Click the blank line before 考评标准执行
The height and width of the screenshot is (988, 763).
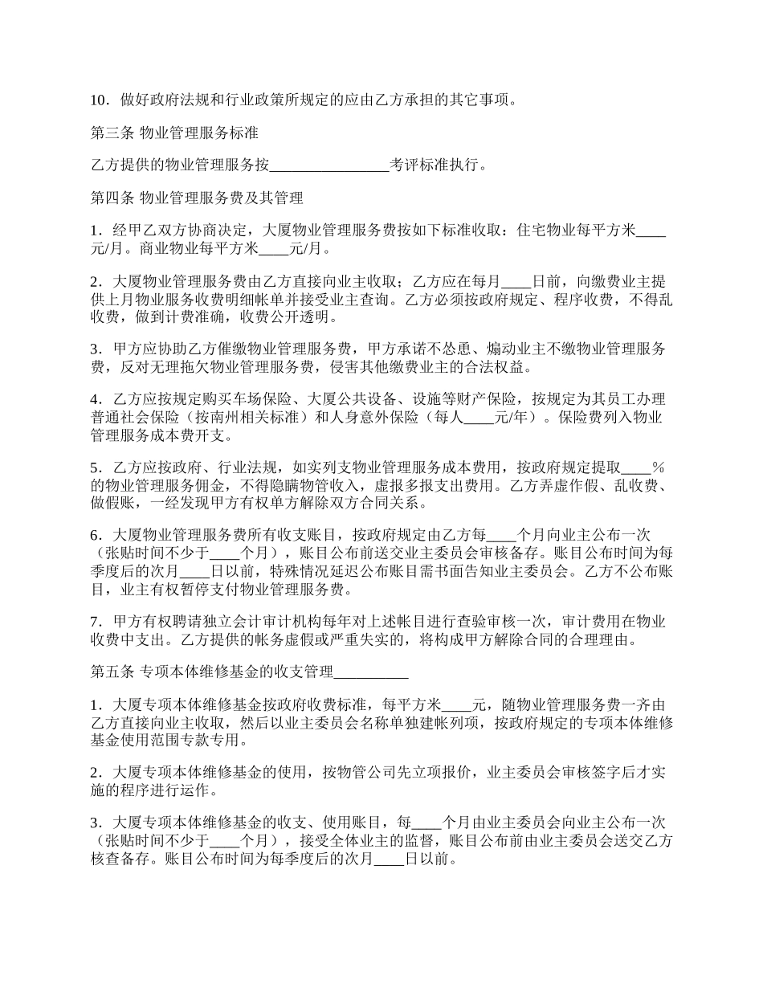[329, 165]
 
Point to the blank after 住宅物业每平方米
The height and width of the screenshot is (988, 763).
[651, 231]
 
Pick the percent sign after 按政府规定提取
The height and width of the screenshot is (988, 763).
[658, 467]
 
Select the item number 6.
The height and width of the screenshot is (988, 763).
[96, 534]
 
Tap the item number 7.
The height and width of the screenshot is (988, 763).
[96, 622]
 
